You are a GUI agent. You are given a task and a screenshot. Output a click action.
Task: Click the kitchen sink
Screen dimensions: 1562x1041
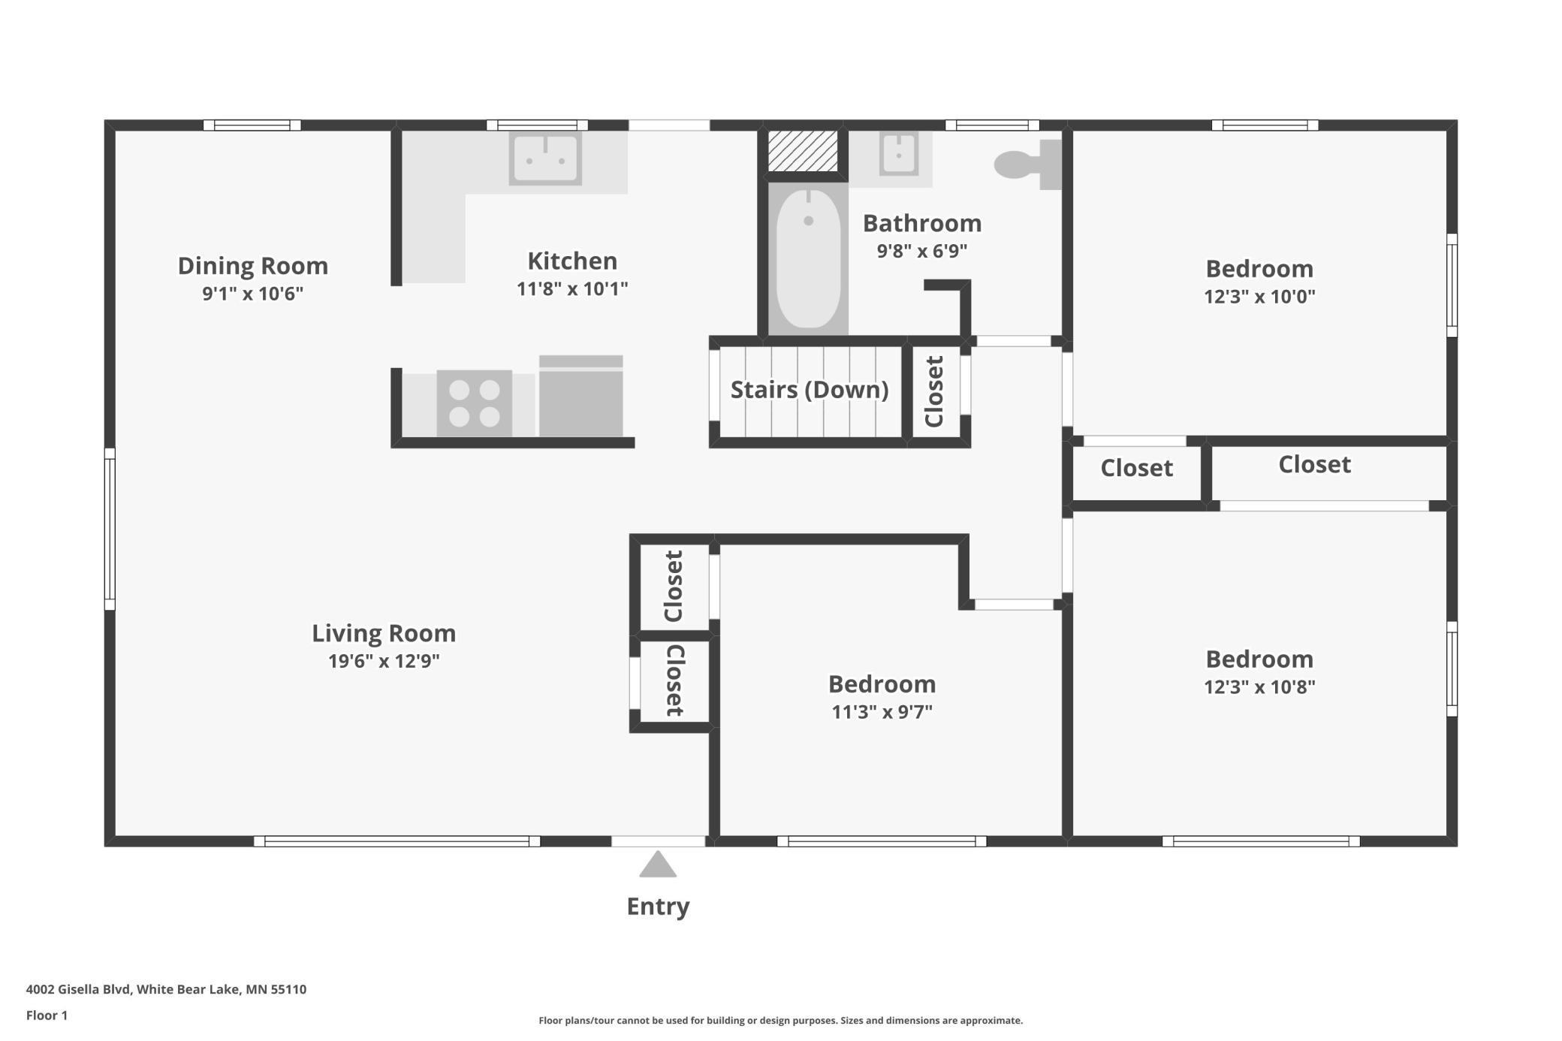coord(545,158)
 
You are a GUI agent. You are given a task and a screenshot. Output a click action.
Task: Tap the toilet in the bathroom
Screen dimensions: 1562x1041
coord(1028,164)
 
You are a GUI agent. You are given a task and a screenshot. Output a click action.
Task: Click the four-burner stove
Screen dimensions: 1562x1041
coord(475,403)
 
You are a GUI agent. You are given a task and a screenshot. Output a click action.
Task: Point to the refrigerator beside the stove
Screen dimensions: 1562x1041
coord(581,396)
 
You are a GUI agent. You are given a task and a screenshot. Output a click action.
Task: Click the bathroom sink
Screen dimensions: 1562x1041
coord(899,155)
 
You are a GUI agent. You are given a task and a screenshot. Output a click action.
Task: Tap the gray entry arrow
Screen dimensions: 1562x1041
coord(658,864)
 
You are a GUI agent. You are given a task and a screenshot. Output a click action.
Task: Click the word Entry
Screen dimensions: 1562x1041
coord(658,907)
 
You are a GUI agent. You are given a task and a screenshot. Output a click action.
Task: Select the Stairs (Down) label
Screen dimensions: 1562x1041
coord(810,390)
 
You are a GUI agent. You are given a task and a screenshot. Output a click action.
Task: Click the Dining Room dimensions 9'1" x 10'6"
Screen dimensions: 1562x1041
coord(252,293)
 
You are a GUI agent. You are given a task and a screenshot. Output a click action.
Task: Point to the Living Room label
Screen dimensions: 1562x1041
coord(384,633)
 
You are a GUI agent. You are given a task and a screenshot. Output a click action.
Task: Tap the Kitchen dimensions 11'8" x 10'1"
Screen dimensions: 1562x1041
coord(572,288)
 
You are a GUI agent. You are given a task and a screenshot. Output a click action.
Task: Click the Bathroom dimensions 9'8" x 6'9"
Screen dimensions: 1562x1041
coord(922,250)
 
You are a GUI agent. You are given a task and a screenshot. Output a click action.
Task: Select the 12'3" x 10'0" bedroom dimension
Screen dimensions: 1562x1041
coord(1259,296)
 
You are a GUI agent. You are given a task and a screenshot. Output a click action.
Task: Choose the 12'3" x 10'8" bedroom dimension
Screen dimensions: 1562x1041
coord(1259,686)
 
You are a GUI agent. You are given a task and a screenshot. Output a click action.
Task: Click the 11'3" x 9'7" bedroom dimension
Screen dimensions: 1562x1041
coord(882,711)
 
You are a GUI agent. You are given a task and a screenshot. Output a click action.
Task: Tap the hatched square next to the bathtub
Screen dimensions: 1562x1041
coord(803,151)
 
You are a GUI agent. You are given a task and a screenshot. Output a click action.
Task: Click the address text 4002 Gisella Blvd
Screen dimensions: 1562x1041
coord(80,989)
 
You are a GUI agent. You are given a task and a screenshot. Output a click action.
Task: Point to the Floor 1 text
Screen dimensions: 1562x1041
coord(47,1015)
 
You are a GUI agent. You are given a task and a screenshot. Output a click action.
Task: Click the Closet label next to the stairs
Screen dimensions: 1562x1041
coord(933,391)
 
